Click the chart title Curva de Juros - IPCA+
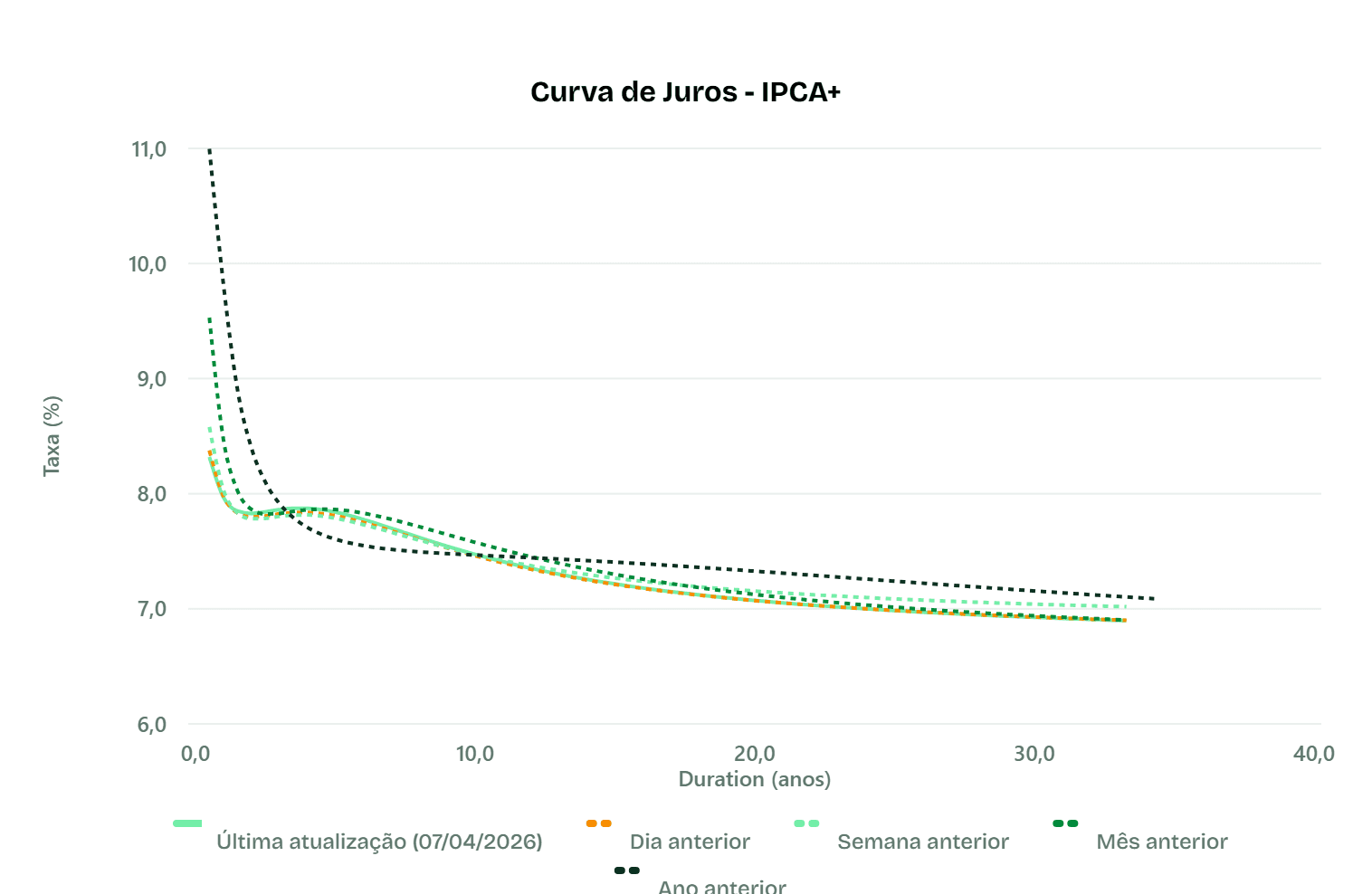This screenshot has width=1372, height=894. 685,92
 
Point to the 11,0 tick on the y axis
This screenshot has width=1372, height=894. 149,149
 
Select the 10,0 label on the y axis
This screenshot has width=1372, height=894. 148,264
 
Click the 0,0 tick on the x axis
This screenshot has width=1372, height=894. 195,754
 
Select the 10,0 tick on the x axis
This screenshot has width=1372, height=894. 474,754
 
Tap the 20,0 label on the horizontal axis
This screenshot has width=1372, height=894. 754,754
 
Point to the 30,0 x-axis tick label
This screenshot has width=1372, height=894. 1034,754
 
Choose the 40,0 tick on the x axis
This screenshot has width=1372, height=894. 1313,754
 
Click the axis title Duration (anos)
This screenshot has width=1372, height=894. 754,779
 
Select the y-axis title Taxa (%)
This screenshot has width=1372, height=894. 52,436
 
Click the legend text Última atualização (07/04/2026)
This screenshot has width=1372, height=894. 379,842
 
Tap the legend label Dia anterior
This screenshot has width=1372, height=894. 690,842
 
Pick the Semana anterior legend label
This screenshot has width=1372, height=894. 922,842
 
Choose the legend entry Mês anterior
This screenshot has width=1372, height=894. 1161,842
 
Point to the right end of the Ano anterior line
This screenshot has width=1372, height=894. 1154,599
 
